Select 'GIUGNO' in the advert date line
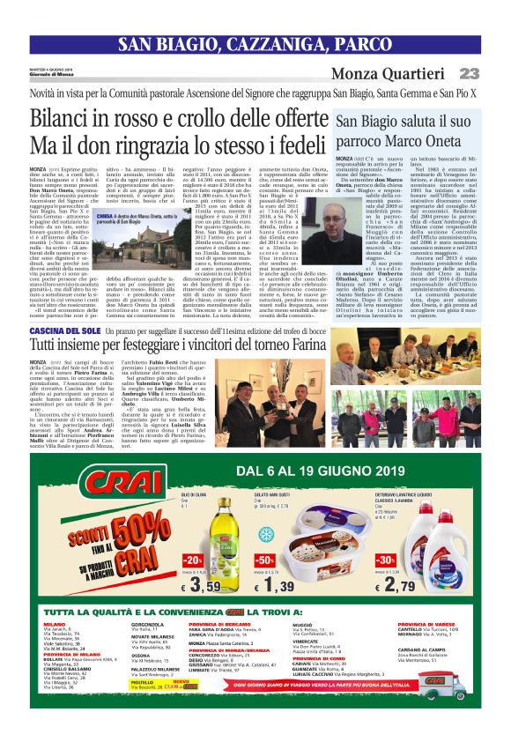(369, 470)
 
